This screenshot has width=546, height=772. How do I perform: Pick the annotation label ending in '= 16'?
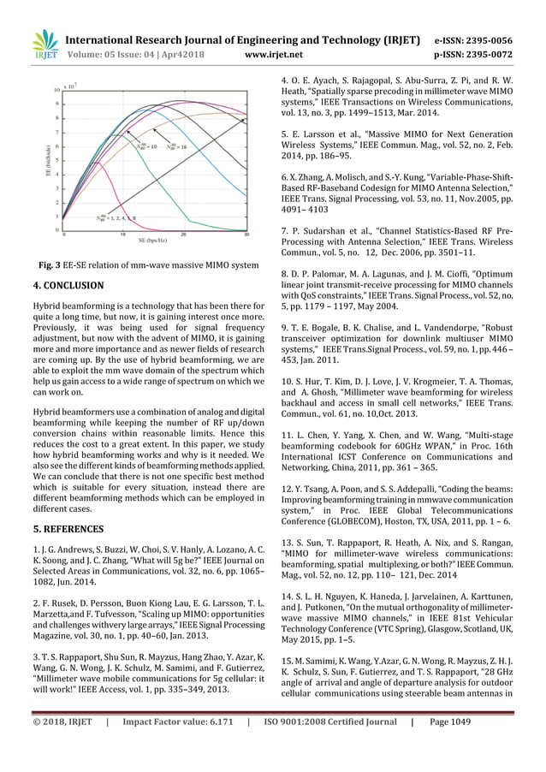point(175,146)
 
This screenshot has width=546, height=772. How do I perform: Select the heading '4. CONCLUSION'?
point(68,285)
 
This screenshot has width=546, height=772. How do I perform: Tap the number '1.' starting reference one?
point(36,548)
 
